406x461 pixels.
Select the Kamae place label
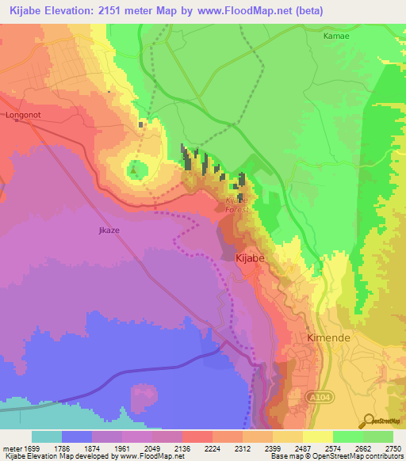click(x=335, y=36)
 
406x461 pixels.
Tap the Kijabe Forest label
click(x=237, y=204)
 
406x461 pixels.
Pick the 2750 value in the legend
click(x=393, y=447)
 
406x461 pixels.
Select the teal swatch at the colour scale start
click(x=47, y=436)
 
